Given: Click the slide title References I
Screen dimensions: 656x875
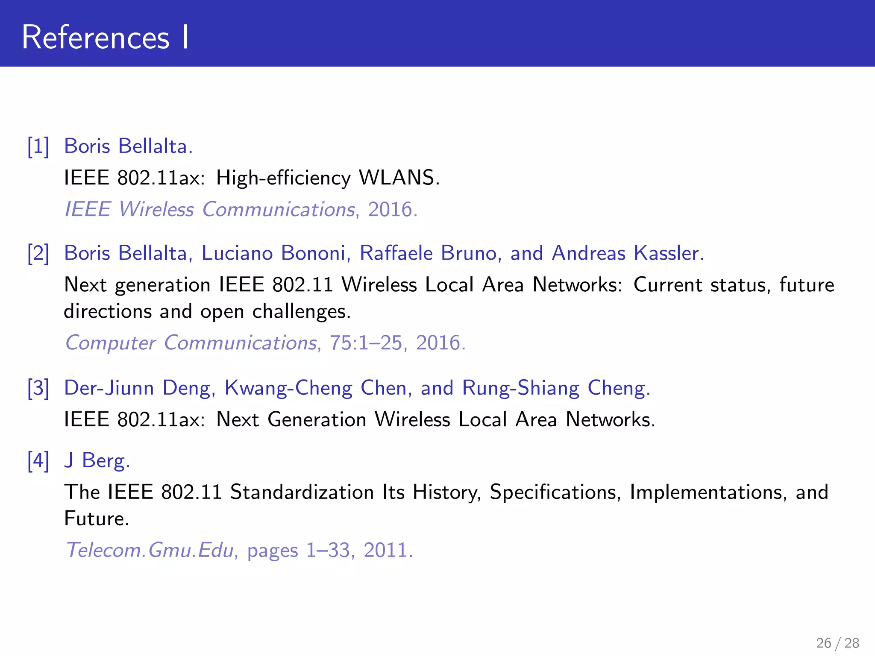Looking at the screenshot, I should point(105,38).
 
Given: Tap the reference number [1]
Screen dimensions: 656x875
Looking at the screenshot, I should point(38,146).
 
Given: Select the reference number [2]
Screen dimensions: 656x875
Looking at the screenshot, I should point(38,253).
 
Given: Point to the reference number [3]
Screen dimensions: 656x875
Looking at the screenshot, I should point(38,388).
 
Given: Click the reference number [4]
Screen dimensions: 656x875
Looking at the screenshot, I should point(38,461).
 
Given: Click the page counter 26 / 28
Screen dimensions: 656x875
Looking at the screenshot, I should point(837,643).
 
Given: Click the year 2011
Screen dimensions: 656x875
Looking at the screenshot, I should point(388,550).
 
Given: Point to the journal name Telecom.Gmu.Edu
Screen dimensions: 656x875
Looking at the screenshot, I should point(150,550).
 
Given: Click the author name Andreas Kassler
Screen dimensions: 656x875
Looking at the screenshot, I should point(627,253).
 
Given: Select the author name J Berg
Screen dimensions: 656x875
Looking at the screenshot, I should point(97,461).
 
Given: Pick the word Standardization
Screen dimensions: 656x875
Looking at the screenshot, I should point(302,492).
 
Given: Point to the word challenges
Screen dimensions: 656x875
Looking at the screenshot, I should point(301,312).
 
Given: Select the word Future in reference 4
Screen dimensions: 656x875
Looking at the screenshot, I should point(96,519).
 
